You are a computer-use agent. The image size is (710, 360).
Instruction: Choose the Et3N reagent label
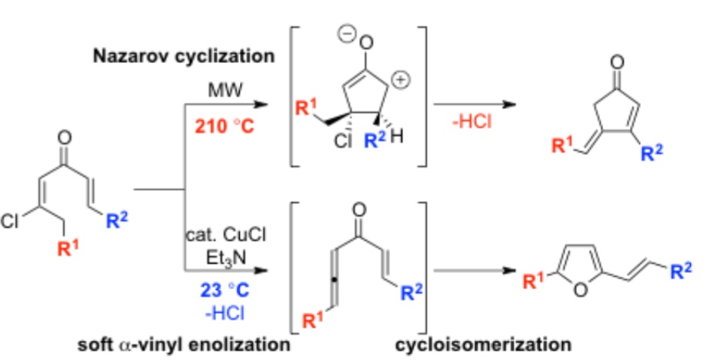pyautogui.click(x=218, y=249)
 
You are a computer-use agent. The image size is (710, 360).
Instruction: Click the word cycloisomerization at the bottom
pyautogui.click(x=485, y=343)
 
